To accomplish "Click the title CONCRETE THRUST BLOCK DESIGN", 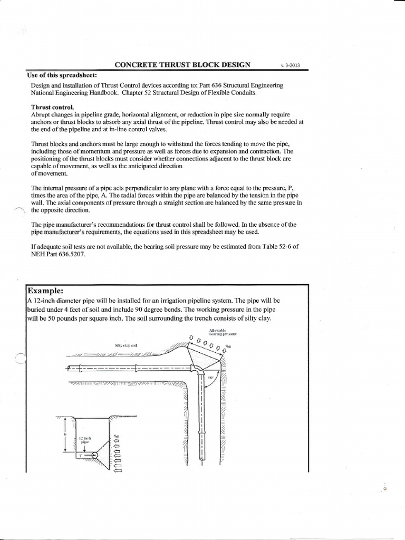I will click(182, 65).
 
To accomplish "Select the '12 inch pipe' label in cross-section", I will click(85, 440).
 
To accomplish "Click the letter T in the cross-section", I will click(80, 455).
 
